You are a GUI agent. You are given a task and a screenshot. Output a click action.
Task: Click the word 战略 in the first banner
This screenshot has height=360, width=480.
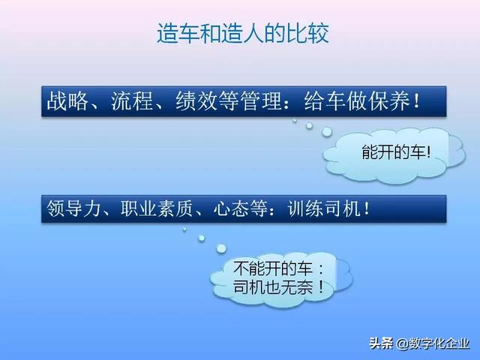(x=64, y=102)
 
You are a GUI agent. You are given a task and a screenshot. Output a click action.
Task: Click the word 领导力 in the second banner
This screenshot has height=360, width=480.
(x=73, y=208)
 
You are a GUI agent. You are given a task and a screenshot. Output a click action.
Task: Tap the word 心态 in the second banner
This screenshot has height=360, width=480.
(x=235, y=208)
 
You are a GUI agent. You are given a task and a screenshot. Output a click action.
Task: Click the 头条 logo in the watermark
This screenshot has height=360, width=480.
(x=381, y=343)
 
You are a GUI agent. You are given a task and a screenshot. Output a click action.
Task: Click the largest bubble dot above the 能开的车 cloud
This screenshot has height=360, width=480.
(x=327, y=132)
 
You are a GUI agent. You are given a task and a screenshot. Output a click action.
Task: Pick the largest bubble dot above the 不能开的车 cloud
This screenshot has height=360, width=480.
(x=221, y=248)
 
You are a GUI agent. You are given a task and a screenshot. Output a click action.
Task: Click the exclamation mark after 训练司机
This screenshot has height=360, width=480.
(x=366, y=208)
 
